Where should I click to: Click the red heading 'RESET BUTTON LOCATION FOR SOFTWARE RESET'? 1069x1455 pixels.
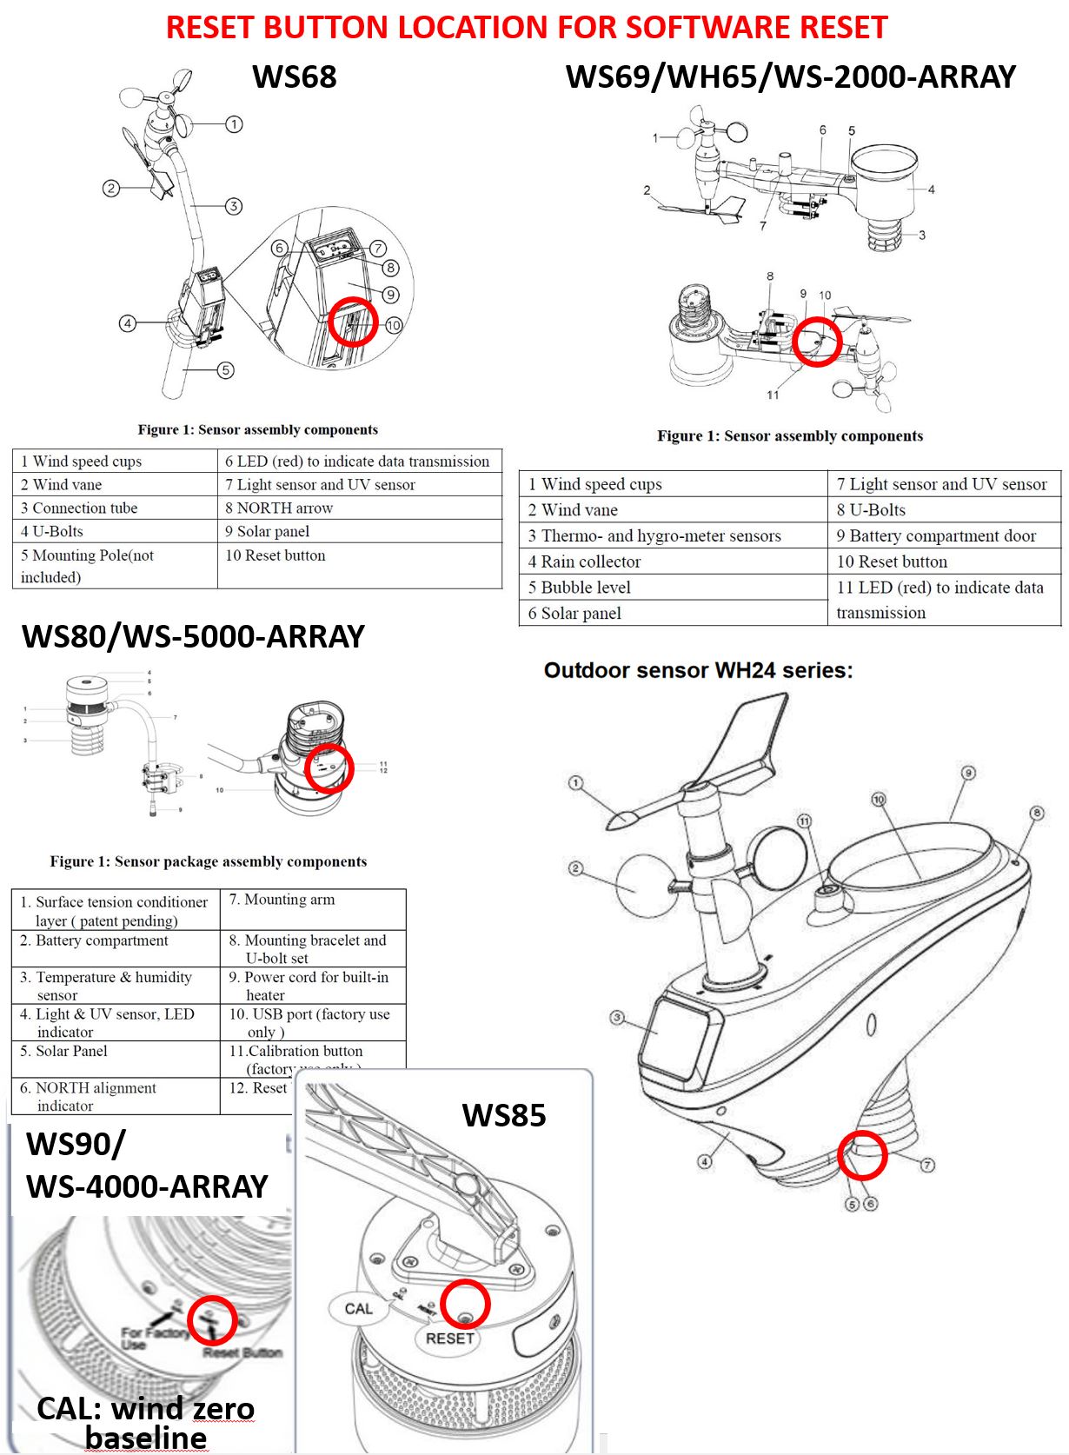coord(527,28)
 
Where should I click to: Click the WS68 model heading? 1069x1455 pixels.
coord(294,76)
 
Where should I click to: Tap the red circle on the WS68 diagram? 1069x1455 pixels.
coord(354,322)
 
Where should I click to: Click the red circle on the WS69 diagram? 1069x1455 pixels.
coord(817,341)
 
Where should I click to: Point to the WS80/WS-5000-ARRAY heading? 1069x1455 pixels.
coord(193,636)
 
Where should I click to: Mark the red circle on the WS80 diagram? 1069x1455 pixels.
coord(329,767)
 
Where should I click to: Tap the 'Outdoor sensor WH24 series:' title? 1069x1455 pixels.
coord(698,670)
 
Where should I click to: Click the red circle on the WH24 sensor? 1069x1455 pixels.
coord(862,1154)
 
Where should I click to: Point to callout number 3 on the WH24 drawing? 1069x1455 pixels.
coord(616,1017)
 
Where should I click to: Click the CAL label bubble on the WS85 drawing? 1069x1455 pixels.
coord(358,1308)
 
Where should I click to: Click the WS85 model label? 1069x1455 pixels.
coord(503,1115)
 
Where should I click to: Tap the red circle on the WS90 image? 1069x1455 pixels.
coord(212,1319)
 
